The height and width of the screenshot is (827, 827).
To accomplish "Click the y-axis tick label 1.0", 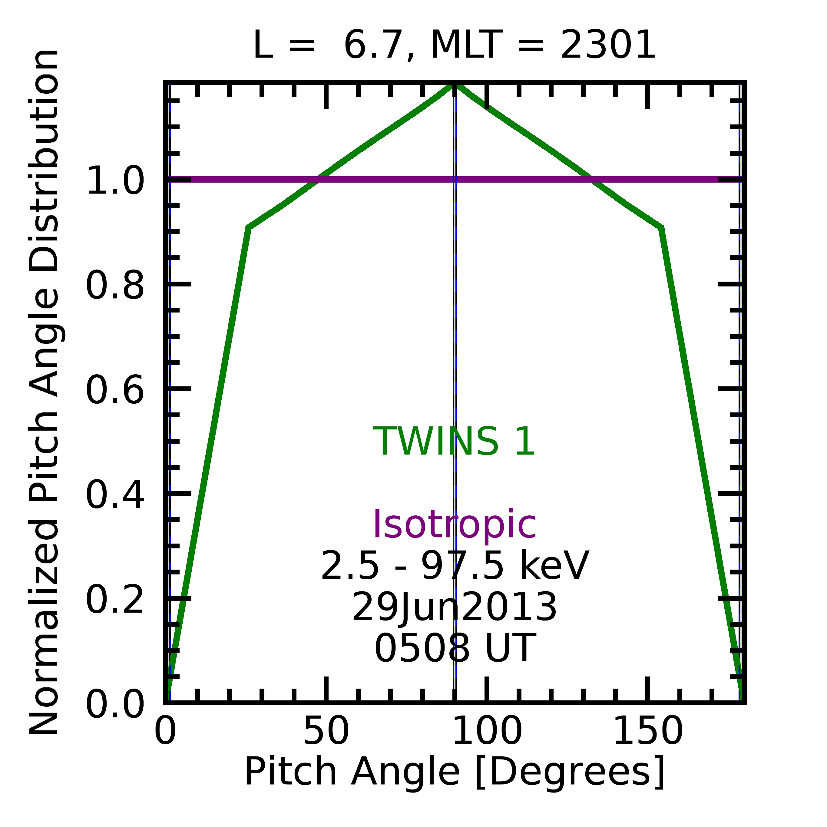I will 115,181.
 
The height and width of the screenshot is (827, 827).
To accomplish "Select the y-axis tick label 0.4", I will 115,495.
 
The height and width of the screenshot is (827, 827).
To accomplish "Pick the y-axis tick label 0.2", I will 115,600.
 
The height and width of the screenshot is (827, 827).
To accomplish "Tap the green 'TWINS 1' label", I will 454,442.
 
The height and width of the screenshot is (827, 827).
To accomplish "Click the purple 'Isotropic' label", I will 455,525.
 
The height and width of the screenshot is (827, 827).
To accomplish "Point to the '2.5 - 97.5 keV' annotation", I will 455,566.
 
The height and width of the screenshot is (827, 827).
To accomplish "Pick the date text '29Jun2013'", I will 455,607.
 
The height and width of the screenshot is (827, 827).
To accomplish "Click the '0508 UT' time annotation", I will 455,649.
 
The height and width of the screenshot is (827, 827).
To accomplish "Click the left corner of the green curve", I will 249,227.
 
